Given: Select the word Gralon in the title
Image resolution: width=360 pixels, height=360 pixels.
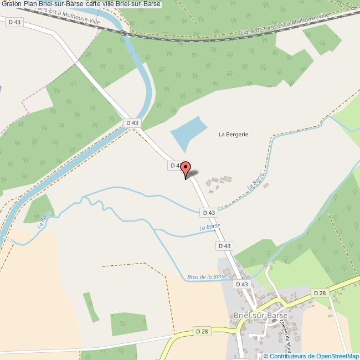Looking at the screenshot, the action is pyautogui.click(x=11, y=4).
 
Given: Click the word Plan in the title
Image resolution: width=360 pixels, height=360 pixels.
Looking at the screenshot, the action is pyautogui.click(x=31, y=4).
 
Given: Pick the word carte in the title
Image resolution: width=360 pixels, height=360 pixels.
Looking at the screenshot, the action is pyautogui.click(x=89, y=4).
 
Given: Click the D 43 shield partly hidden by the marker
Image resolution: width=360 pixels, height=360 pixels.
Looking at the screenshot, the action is pyautogui.click(x=175, y=166).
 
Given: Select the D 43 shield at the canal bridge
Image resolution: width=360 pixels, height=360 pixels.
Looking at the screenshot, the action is pyautogui.click(x=132, y=122).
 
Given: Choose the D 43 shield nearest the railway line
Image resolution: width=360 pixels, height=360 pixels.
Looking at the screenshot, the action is pyautogui.click(x=15, y=22).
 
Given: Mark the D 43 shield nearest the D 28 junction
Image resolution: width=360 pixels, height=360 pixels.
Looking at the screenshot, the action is pyautogui.click(x=243, y=284).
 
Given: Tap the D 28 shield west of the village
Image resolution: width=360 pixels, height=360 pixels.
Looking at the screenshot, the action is pyautogui.click(x=203, y=331).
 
